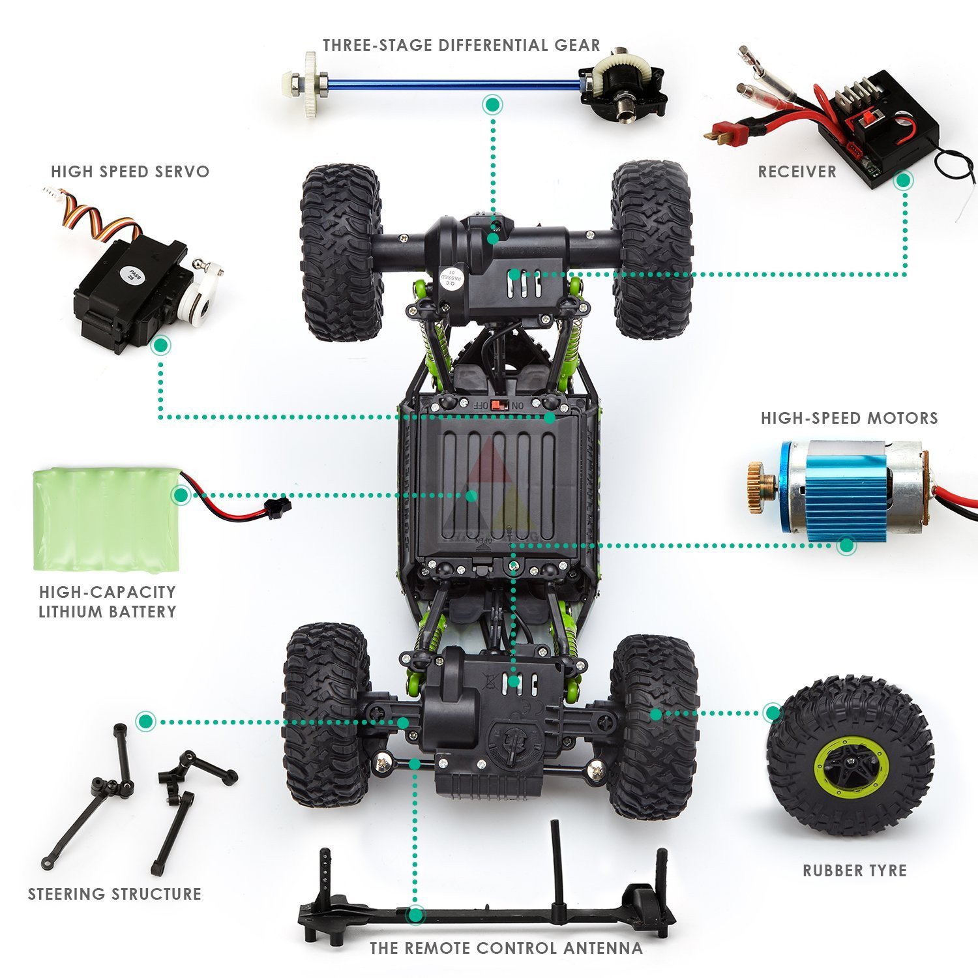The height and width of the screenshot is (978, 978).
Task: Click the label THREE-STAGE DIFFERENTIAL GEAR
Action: (x=461, y=45)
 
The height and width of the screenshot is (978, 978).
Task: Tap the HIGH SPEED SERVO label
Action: (x=130, y=171)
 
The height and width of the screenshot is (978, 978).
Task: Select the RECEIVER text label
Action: (x=797, y=171)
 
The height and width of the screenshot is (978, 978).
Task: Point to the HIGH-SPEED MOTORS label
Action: (x=850, y=418)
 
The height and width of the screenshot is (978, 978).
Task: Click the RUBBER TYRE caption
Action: (x=855, y=870)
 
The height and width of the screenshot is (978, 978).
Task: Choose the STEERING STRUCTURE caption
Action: (x=115, y=894)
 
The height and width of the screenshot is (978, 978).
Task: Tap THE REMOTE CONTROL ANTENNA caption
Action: (x=506, y=948)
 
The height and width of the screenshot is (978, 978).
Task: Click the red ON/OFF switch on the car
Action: (x=499, y=404)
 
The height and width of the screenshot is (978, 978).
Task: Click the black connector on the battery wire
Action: (x=280, y=505)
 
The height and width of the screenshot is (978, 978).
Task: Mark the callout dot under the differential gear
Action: (x=493, y=104)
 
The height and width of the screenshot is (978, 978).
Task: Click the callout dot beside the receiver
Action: (x=904, y=181)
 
